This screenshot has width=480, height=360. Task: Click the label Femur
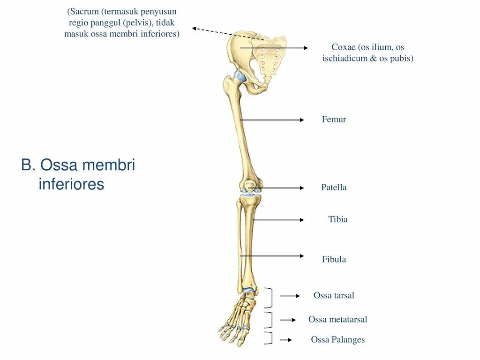pos(334,120)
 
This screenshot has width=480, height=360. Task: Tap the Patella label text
pos(334,187)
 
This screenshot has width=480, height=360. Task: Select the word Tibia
pos(338,219)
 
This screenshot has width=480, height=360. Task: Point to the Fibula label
pos(334,259)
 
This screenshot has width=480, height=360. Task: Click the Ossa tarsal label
pos(334,295)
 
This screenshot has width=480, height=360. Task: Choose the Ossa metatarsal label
pos(337,319)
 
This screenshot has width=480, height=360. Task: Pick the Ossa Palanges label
pos(337,340)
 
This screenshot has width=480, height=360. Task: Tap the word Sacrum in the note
pos(85,11)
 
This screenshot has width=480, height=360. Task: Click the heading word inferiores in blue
pos(71,184)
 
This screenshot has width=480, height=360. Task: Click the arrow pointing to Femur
pos(272,120)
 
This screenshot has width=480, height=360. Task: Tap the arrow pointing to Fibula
pos(272,256)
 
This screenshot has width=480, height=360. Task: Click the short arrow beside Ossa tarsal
pos(290,296)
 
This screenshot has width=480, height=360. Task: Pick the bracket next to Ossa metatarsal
pos(269,320)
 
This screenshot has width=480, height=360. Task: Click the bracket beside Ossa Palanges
pos(269,338)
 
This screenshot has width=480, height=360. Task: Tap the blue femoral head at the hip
pos(240,77)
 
